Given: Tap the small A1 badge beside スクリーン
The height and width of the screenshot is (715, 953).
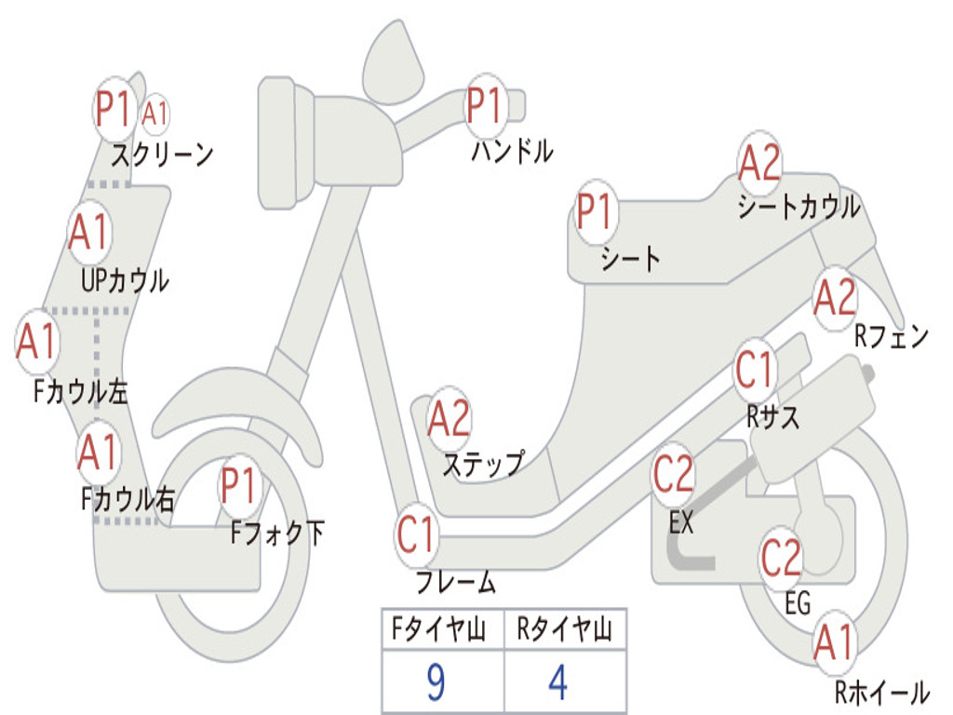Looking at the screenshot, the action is pos(155,115).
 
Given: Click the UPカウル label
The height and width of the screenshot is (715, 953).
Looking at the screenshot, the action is pos(125,280).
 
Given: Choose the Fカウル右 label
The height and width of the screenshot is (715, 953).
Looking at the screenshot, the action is pos(128,500).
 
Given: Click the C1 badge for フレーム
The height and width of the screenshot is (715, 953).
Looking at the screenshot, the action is pos(417,536).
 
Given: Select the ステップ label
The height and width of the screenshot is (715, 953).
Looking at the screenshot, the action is pos(482,463).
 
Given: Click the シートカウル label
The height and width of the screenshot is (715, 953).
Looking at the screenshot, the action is pos(799,208).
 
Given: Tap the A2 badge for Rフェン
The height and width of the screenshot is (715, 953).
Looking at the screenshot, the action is pos(834,299).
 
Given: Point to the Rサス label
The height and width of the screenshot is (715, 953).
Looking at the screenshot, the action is pos(772,416).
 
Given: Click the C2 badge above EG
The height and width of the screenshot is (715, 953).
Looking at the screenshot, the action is pos(781,557).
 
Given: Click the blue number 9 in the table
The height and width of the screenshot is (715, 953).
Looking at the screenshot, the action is pos(435,682).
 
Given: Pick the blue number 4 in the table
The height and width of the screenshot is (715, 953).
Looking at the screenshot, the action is pos(557,682).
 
